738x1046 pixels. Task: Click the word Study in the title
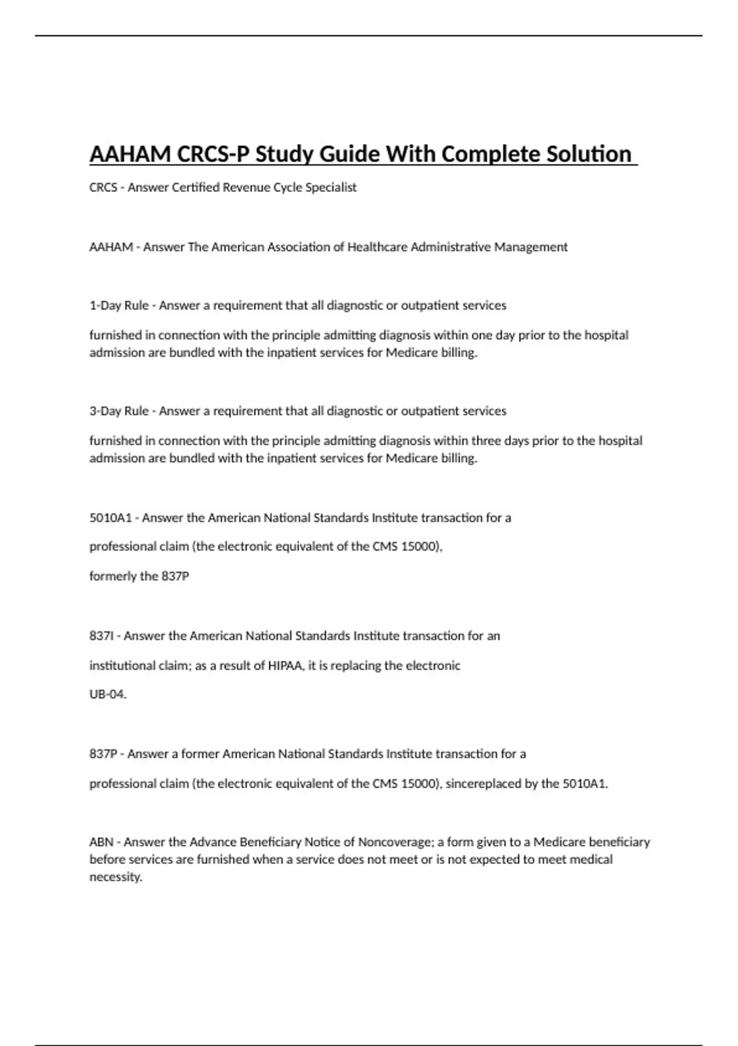[x=284, y=154]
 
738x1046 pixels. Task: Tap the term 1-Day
[x=106, y=305]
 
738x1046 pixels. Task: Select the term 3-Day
[x=106, y=411]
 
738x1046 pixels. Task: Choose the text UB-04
[x=108, y=695]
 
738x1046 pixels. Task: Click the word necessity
[x=116, y=877]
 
